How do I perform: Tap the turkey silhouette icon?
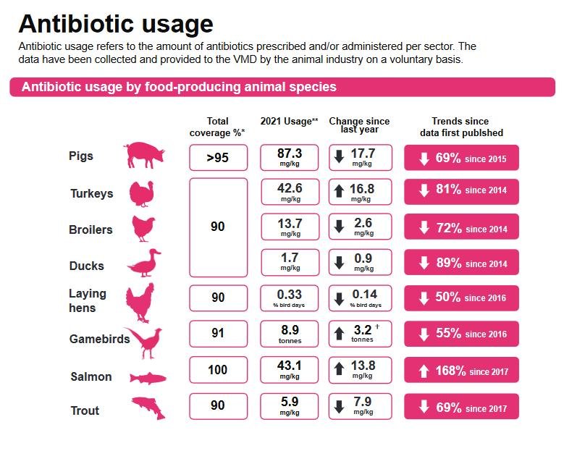[x=142, y=193]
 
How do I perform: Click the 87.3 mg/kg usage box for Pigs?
[x=290, y=157]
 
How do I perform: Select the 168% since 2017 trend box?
[x=461, y=371]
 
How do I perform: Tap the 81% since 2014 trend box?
[x=461, y=191]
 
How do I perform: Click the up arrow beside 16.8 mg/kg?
[x=338, y=192]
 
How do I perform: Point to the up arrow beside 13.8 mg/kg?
[x=338, y=369]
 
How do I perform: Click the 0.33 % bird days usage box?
[x=290, y=298]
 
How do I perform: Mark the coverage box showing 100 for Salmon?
[x=218, y=370]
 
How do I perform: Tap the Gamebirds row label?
[x=99, y=339]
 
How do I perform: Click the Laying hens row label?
[x=88, y=300]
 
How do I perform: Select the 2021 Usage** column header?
[x=289, y=122]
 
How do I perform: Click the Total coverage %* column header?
[x=217, y=127]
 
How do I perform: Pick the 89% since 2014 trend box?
[x=461, y=263]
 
